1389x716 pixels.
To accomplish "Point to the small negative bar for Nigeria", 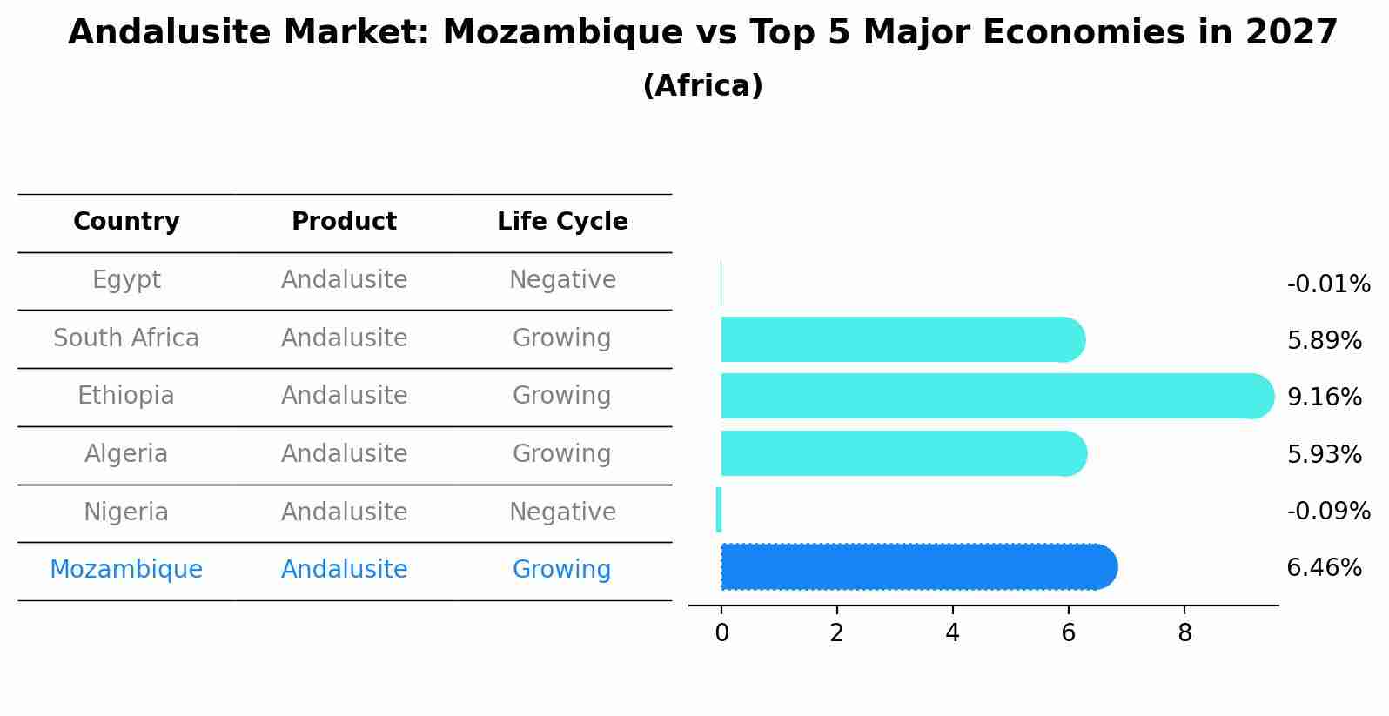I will pyautogui.click(x=719, y=510).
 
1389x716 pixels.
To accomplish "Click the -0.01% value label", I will pyautogui.click(x=1328, y=284).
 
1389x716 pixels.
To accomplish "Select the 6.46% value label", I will pyautogui.click(x=1324, y=568).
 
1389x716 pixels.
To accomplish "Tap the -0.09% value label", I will pyautogui.click(x=1328, y=511).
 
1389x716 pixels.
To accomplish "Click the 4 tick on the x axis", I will pyautogui.click(x=952, y=633).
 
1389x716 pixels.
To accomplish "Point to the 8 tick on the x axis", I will pyautogui.click(x=1184, y=633).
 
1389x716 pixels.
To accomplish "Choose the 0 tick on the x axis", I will pyautogui.click(x=721, y=633).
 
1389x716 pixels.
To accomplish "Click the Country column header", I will pyautogui.click(x=126, y=222).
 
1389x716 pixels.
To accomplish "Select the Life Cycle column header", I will pyautogui.click(x=562, y=222).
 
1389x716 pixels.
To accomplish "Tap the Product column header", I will pyautogui.click(x=344, y=222).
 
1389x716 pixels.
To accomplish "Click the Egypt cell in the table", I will pyautogui.click(x=126, y=280).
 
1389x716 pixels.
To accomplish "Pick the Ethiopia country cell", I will pyautogui.click(x=126, y=396).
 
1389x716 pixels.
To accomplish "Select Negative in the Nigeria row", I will pyautogui.click(x=562, y=512).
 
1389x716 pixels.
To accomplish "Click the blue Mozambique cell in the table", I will pyautogui.click(x=126, y=570).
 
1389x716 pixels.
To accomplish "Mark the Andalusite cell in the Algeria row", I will pyautogui.click(x=344, y=454).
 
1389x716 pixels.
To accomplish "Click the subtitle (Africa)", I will pyautogui.click(x=702, y=86).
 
